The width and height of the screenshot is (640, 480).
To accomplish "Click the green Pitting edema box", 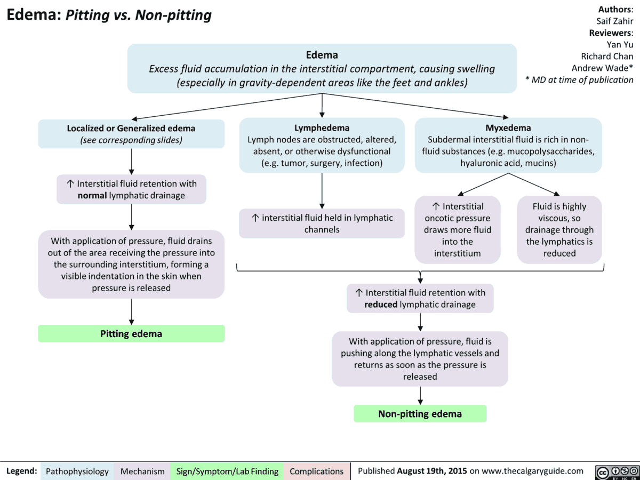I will (131, 333).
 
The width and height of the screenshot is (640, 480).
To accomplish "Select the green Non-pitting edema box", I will (420, 414).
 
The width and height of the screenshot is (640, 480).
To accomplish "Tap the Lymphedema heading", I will (322, 127).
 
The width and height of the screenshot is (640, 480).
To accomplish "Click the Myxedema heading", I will (508, 127).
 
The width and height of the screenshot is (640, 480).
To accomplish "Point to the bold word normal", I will (92, 195).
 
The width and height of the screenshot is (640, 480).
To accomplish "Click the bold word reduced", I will (381, 305).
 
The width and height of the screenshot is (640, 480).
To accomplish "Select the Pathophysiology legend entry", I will (77, 471).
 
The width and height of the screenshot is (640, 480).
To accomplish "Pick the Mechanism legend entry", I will (142, 471).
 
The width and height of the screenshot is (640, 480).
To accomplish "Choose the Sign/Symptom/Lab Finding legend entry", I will (227, 471).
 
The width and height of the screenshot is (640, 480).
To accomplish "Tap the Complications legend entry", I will (316, 471).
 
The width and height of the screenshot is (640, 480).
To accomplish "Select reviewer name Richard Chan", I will (607, 56).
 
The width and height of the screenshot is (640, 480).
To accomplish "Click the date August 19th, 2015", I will (432, 471).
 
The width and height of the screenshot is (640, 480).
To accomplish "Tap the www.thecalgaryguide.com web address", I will (531, 471).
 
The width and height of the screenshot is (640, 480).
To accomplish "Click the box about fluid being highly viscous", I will (559, 229).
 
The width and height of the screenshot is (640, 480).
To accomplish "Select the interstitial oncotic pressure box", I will (458, 229).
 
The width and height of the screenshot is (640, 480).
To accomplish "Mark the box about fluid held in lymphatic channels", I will (322, 223).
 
